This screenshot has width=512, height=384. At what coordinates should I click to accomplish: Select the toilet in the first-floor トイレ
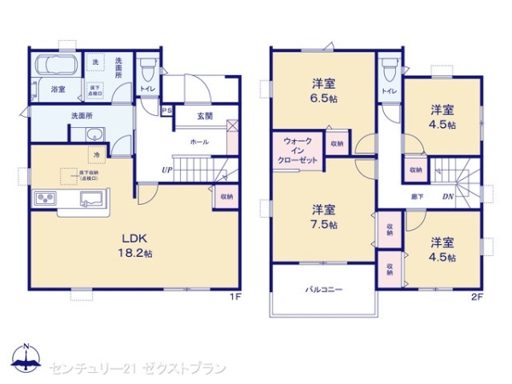pyautogui.click(x=148, y=67)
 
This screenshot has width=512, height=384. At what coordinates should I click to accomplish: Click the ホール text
pyautogui.click(x=199, y=142)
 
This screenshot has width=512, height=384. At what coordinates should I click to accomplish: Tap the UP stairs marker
pyautogui.click(x=166, y=170)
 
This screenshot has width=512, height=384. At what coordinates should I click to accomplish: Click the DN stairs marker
pyautogui.click(x=447, y=196)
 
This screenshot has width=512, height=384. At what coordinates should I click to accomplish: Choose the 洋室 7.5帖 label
pyautogui.click(x=323, y=217)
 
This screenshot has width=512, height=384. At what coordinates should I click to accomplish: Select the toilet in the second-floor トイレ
pyautogui.click(x=389, y=67)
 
